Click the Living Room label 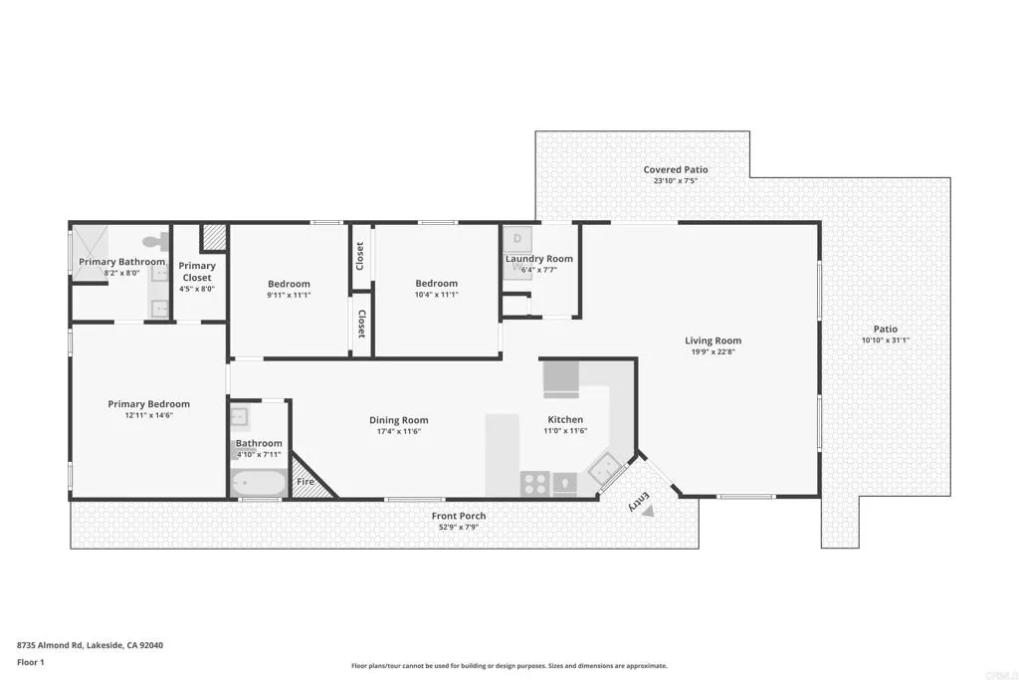coord(713,340)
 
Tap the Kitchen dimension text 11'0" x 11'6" coord(565,431)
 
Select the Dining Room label coord(398,420)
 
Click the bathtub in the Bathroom coord(258,483)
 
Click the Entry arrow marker coord(648,511)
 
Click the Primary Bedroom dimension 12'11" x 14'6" coord(148,415)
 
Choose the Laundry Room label coord(539,259)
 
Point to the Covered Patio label coord(676,170)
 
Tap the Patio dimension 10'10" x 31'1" coord(885,340)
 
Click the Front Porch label coord(459,516)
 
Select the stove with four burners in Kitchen coord(535,484)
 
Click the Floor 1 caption coord(31,662)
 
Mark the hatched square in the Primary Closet coord(214,237)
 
